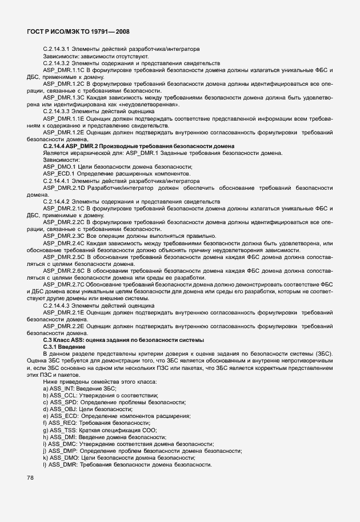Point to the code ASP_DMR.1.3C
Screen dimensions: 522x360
[x=63, y=98]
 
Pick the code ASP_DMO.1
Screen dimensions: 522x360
[x=59, y=167]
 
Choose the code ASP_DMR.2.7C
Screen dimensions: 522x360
[x=63, y=284]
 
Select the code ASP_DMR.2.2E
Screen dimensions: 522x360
[x=63, y=326]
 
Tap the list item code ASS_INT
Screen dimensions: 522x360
[x=62, y=389]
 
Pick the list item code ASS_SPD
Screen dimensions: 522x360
[x=62, y=403]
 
